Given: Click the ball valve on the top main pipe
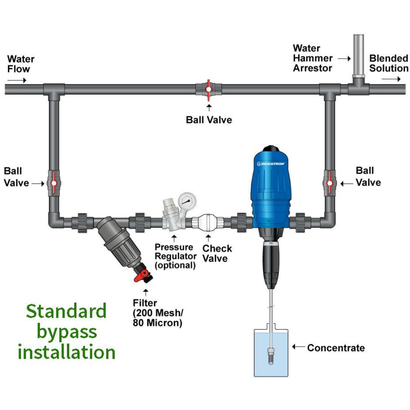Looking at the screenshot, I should [209, 90].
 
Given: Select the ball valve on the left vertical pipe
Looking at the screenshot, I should [54, 183].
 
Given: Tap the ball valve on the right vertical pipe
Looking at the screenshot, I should [329, 183].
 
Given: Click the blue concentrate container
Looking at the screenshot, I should [271, 353].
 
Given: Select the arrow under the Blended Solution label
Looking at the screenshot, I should [391, 79].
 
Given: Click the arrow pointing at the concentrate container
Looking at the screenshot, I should [298, 347].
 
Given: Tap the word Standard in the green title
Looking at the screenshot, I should [66, 311].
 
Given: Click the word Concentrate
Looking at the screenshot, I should [336, 348].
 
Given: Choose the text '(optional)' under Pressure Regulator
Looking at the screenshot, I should [175, 265].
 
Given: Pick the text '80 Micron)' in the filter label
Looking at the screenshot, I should [157, 323].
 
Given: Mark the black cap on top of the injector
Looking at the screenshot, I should [271, 149].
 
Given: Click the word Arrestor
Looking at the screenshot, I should [312, 68].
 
